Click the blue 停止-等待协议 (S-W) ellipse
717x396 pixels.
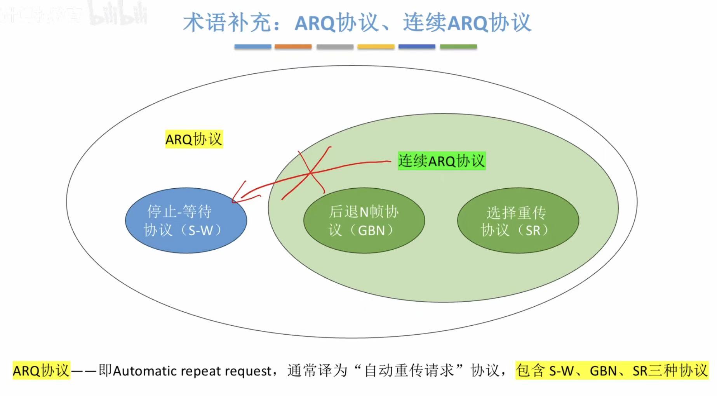(186, 221)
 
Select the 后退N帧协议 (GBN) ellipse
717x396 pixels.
(364, 221)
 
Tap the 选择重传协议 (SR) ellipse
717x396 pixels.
(518, 221)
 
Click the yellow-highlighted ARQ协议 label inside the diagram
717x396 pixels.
(194, 139)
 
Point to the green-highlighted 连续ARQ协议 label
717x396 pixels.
(442, 161)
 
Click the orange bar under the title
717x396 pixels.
(293, 47)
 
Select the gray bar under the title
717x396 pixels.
(335, 47)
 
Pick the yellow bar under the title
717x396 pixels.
(376, 47)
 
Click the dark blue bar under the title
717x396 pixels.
(417, 47)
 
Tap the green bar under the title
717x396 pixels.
(458, 47)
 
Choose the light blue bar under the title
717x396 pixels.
(252, 47)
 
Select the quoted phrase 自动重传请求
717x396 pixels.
(409, 370)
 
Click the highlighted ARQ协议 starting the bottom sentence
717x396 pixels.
(41, 370)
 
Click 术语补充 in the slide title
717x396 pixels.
(227, 23)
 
